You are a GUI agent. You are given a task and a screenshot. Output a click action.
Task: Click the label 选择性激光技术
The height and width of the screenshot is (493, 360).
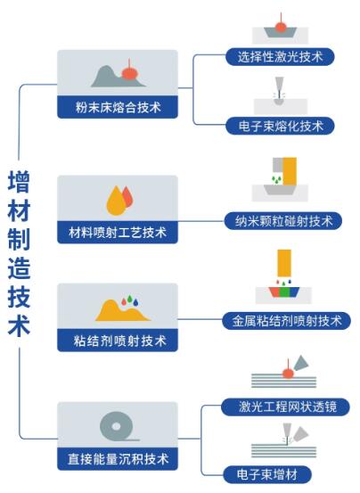pyautogui.click(x=280, y=57)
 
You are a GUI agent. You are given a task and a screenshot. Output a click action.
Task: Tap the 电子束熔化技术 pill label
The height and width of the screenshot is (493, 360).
pyautogui.click(x=280, y=126)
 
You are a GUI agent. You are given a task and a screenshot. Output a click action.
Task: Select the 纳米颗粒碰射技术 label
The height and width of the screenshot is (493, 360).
pyautogui.click(x=283, y=221)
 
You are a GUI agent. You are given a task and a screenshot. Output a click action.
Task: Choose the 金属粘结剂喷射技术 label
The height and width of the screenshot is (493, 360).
pyautogui.click(x=287, y=321)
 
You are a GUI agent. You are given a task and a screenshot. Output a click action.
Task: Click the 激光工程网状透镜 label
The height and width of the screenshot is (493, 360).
pyautogui.click(x=285, y=407)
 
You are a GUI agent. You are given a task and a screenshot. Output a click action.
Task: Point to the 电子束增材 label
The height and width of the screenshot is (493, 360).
pyautogui.click(x=267, y=474)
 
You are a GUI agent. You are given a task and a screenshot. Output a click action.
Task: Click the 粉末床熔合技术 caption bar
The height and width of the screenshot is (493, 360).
pyautogui.click(x=118, y=107)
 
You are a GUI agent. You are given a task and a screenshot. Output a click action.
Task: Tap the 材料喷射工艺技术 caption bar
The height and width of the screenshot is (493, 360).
pyautogui.click(x=118, y=233)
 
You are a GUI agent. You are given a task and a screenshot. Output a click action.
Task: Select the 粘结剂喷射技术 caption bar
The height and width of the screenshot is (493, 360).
pyautogui.click(x=118, y=341)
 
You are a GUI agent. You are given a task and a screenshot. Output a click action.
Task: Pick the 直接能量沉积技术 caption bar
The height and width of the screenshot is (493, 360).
pyautogui.click(x=118, y=459)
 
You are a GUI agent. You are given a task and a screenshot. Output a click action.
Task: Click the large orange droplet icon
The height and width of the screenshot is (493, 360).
pyautogui.click(x=116, y=201)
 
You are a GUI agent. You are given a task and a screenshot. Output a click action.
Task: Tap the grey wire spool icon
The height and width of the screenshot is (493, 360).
pyautogui.click(x=117, y=427)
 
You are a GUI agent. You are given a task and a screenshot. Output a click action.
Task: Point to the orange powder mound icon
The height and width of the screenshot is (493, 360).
pyautogui.click(x=122, y=312)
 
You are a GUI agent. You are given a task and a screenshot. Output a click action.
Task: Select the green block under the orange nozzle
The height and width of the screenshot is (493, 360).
pyautogui.click(x=284, y=292)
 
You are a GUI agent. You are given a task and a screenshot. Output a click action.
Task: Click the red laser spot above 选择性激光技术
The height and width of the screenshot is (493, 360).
pyautogui.click(x=281, y=27)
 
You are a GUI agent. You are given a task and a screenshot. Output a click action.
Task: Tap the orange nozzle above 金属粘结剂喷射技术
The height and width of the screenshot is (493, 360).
pyautogui.click(x=284, y=263)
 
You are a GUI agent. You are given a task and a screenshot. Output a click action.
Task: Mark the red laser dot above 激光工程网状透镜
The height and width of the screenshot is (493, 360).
pyautogui.click(x=288, y=374)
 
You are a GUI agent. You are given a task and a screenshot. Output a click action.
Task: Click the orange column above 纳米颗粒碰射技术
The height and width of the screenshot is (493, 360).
pyautogui.click(x=290, y=171)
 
